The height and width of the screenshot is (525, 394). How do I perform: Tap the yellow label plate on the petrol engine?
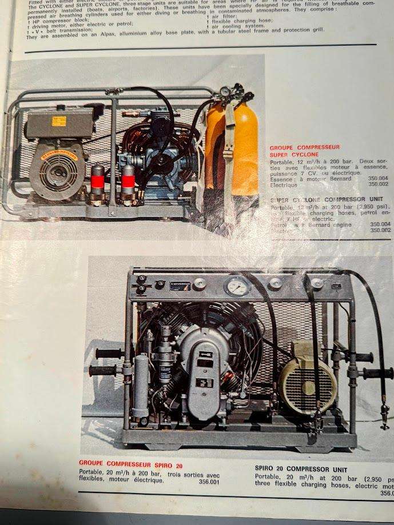click(59, 121)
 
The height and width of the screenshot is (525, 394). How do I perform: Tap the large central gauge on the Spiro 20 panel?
click(237, 285)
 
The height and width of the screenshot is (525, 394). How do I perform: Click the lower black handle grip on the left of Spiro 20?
click(101, 371)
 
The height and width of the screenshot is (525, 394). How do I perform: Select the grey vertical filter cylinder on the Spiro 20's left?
click(141, 386)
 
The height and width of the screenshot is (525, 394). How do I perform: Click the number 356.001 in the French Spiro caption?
click(209, 482)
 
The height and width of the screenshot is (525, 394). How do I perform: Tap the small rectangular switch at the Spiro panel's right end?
click(337, 285)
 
